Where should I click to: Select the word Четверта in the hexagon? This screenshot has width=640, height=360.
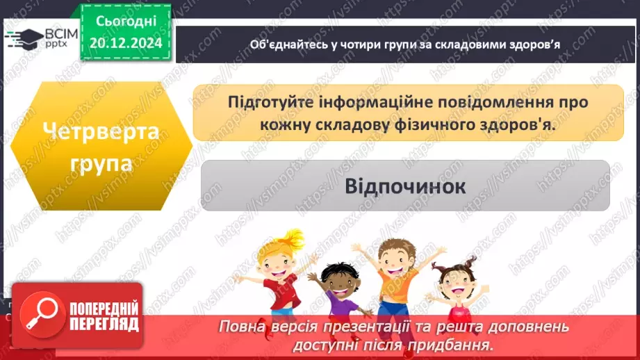[x=99, y=132]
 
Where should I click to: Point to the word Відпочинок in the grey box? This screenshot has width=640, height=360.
[x=406, y=187]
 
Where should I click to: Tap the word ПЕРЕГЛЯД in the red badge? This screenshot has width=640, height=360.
[x=102, y=325]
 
